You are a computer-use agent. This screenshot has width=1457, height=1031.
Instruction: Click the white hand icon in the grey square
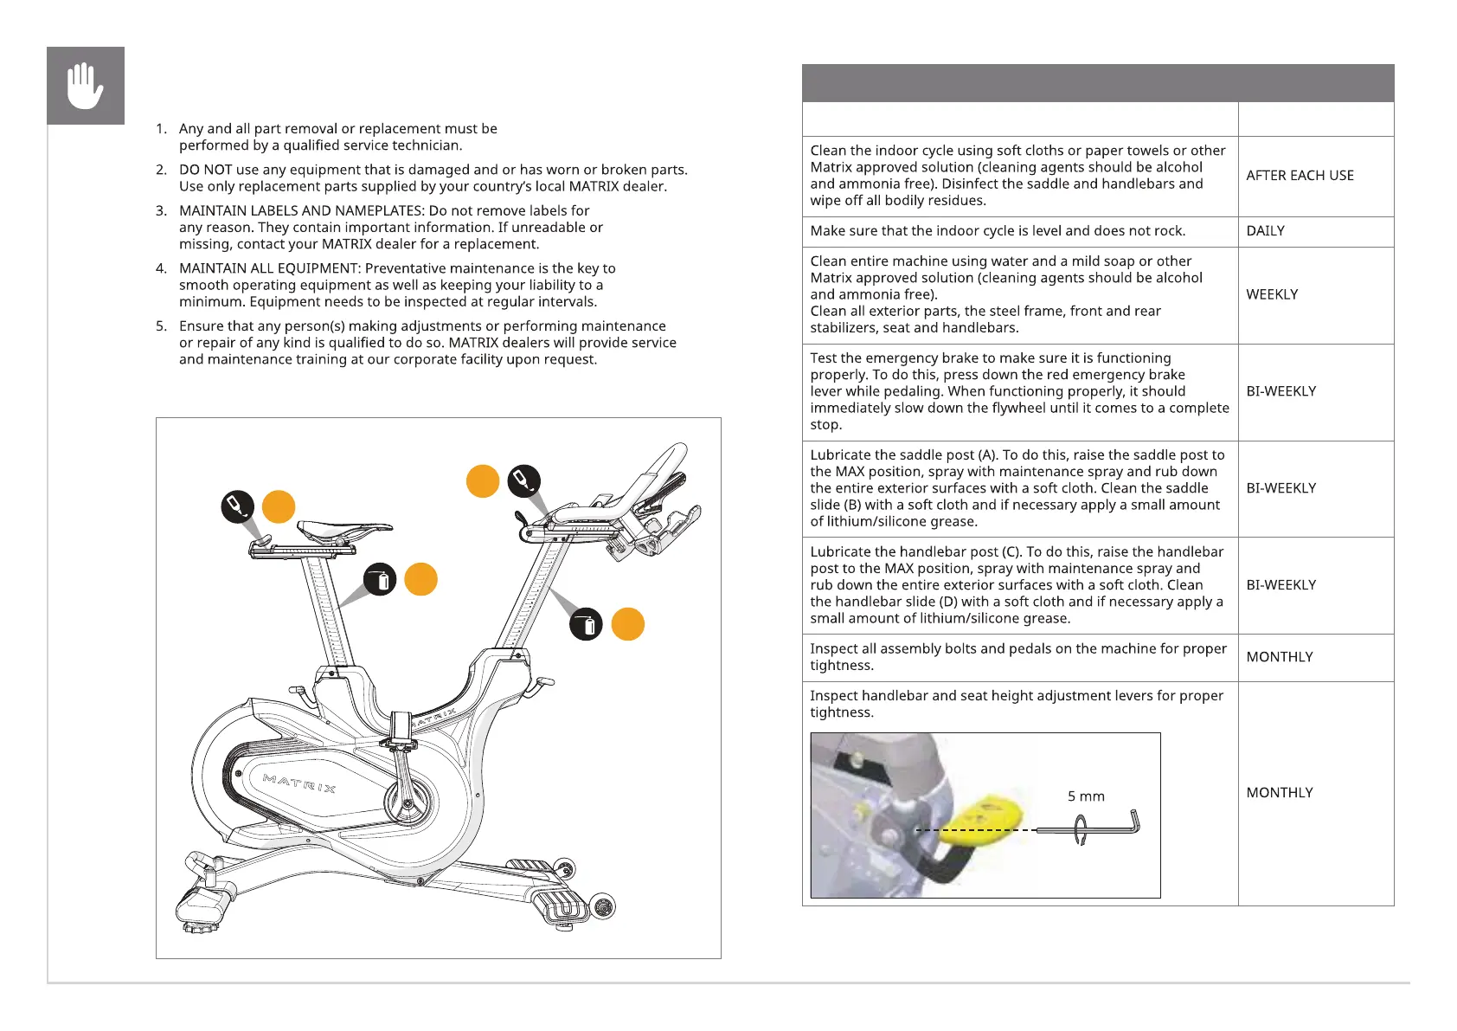(x=85, y=86)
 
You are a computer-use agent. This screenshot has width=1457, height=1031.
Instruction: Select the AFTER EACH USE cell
(x=1300, y=176)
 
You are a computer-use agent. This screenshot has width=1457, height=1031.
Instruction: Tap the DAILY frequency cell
(x=1265, y=231)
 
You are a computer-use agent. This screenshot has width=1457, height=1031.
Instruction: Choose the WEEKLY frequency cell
(x=1272, y=294)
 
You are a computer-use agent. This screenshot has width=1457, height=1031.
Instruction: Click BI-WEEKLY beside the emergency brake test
(x=1280, y=391)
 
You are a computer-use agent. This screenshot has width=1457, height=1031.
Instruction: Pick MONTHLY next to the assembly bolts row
(x=1279, y=657)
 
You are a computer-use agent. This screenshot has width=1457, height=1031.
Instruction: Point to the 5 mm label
(x=1086, y=796)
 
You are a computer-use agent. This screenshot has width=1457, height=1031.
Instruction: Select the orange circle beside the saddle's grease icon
(x=279, y=507)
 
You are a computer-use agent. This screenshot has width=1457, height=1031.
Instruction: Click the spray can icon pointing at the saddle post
(x=380, y=580)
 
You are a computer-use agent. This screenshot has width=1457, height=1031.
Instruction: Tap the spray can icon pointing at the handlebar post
(x=586, y=624)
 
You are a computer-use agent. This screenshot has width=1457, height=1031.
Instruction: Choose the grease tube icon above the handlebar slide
(x=524, y=480)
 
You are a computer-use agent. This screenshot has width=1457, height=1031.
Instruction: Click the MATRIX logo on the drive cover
(x=299, y=783)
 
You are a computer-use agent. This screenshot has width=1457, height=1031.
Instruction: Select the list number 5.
(x=161, y=326)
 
